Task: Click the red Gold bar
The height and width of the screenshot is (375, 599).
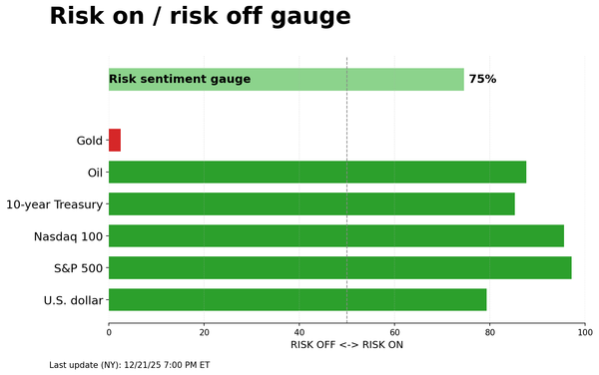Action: pyautogui.click(x=115, y=141)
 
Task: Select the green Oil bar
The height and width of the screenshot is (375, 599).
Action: pyautogui.click(x=317, y=173)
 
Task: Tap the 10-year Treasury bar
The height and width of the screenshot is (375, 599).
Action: pyautogui.click(x=311, y=204)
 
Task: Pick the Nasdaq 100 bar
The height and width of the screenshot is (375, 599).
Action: pyautogui.click(x=336, y=236)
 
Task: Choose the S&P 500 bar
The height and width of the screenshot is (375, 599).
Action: pyautogui.click(x=340, y=268)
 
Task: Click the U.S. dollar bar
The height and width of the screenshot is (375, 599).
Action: pyautogui.click(x=298, y=300)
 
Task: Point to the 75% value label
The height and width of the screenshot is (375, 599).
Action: pyautogui.click(x=482, y=80)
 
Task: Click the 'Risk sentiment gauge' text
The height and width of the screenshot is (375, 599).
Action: pyautogui.click(x=180, y=80)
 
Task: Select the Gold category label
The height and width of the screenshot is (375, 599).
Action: pyautogui.click(x=90, y=141)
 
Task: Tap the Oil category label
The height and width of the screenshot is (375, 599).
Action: pyautogui.click(x=95, y=173)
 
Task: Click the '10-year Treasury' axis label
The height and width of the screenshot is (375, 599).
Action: pyautogui.click(x=54, y=204)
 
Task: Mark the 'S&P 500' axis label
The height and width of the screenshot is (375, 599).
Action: pyautogui.click(x=78, y=268)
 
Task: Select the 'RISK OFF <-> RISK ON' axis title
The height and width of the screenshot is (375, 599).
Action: pyautogui.click(x=346, y=345)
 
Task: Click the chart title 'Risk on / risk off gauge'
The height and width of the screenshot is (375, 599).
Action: pyautogui.click(x=200, y=17)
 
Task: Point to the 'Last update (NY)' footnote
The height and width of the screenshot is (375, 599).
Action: pyautogui.click(x=129, y=365)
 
